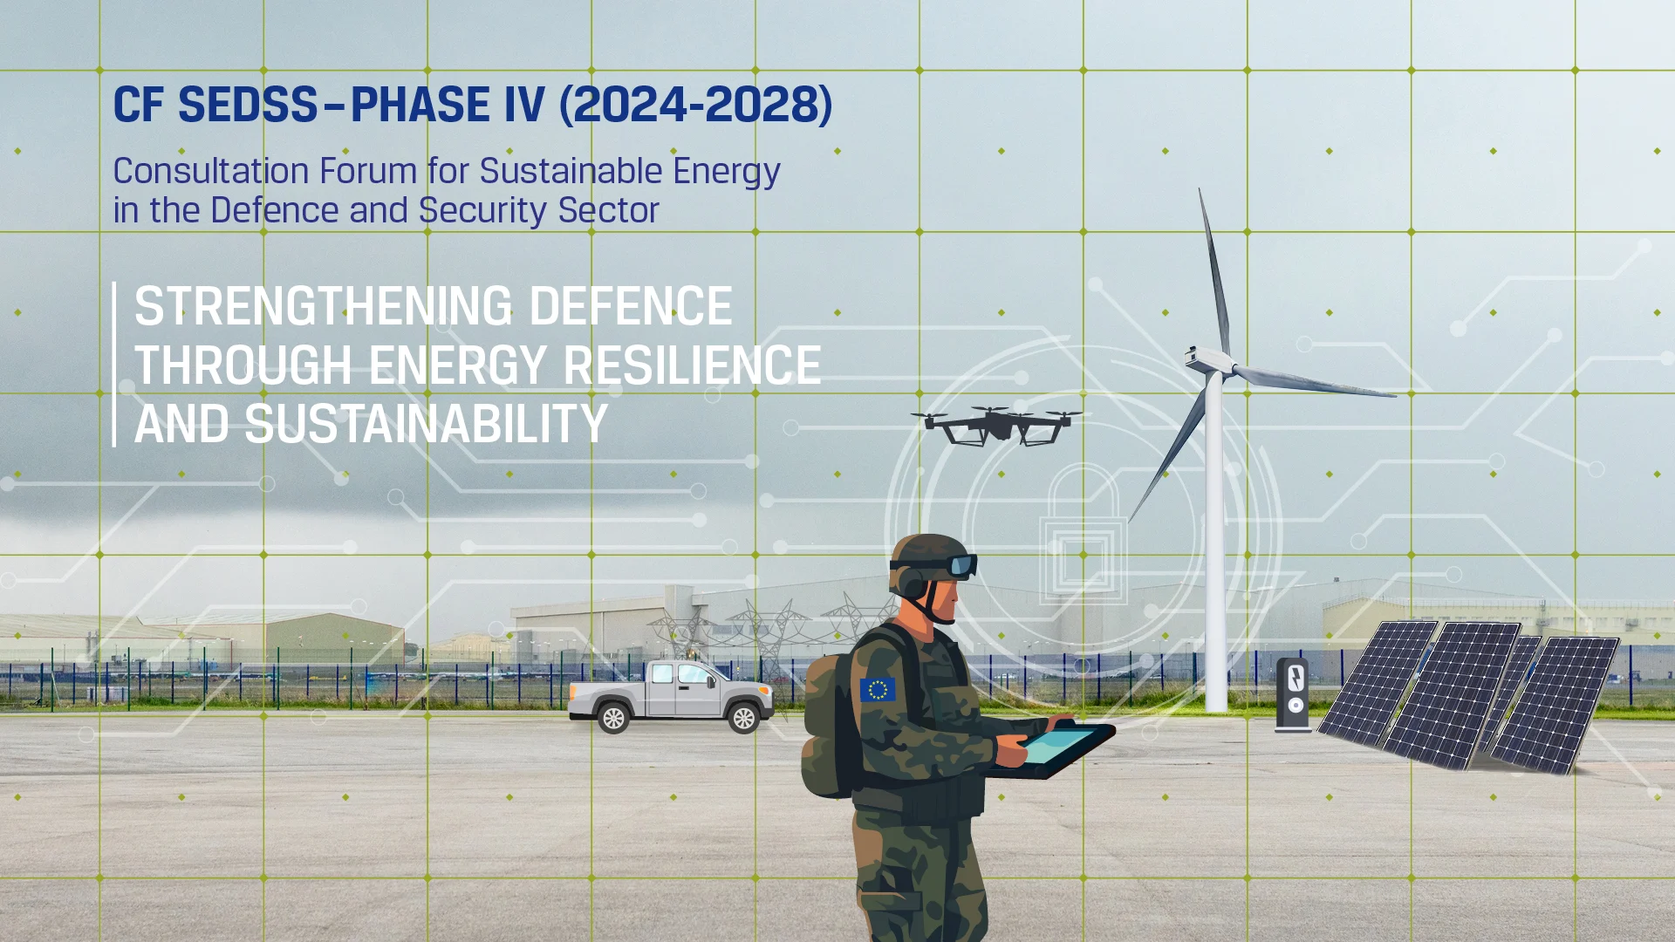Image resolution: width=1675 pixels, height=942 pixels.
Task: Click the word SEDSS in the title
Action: point(248,106)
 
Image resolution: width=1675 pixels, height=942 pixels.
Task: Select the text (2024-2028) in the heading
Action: point(695,106)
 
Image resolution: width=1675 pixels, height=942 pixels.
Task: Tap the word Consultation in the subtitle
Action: point(210,171)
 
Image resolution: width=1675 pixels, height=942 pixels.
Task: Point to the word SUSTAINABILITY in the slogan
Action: point(426,425)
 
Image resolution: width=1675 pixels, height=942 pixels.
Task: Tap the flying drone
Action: point(995,425)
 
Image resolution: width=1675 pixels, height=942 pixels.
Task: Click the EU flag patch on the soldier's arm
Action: point(877,690)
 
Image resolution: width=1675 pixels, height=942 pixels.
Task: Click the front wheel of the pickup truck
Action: point(743,718)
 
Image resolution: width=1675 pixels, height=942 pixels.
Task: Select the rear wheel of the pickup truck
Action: point(613,718)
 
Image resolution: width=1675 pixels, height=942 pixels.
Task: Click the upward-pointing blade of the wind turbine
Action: point(1214,270)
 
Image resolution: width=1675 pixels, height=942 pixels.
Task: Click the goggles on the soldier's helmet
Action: point(961,566)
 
